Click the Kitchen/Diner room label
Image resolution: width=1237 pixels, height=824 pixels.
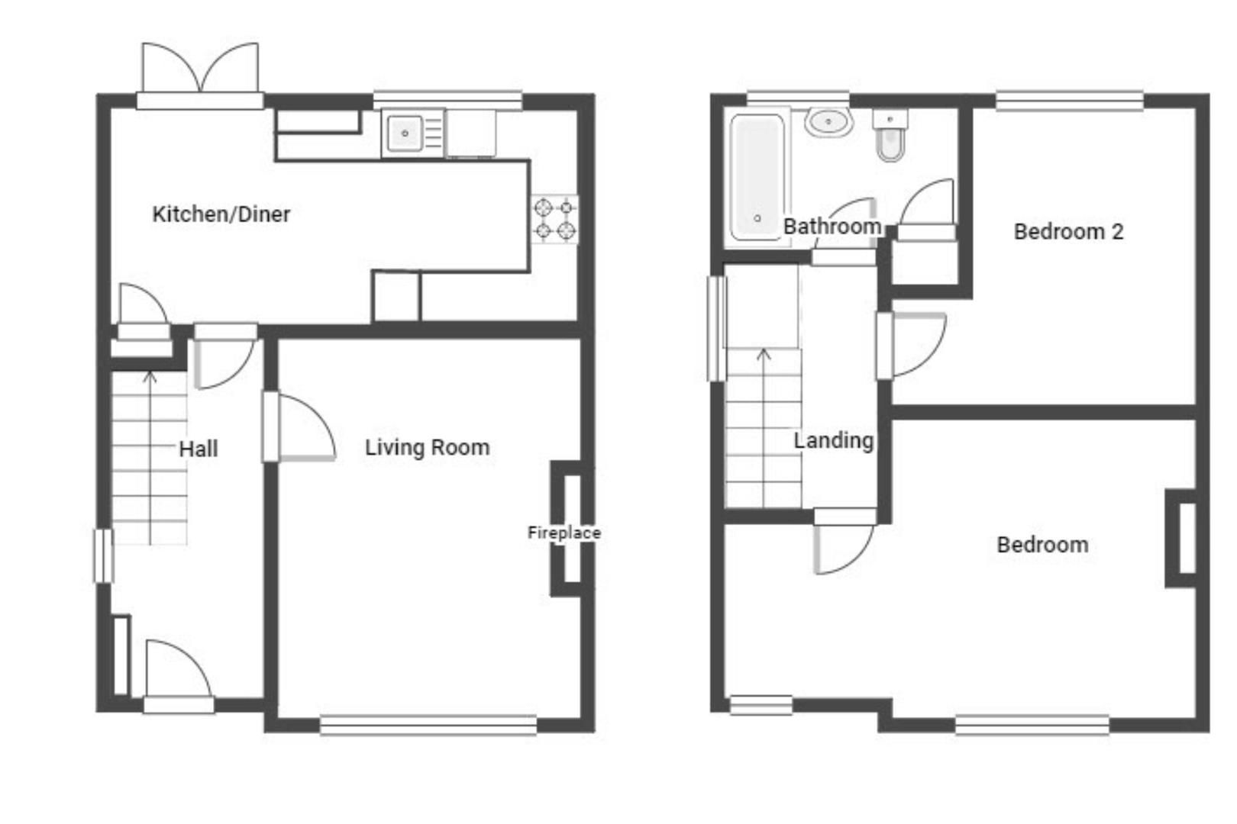pos(221,214)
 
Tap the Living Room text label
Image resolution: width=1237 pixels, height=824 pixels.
pos(427,447)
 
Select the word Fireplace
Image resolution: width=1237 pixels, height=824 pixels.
pos(564,533)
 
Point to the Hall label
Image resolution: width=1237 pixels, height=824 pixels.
pos(199,449)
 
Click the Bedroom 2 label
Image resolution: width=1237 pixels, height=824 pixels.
pos(1068,232)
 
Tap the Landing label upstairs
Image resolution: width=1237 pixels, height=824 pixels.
pos(833,440)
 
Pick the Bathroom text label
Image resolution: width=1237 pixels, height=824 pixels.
pos(832,227)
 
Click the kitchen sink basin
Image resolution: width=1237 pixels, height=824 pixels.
pos(405,134)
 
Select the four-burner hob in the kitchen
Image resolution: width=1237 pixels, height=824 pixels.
pos(555,219)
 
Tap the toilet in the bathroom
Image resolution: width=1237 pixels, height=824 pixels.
pos(890,137)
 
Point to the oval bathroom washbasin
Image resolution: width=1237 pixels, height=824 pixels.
pos(828,122)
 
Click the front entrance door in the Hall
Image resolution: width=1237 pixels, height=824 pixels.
pos(176,671)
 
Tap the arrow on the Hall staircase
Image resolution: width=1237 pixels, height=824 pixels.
pos(150,376)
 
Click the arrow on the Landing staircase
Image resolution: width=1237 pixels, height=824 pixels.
pos(764,355)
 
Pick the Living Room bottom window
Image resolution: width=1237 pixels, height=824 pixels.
pos(428,723)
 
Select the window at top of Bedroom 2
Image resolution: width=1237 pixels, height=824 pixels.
pos(1069,100)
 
